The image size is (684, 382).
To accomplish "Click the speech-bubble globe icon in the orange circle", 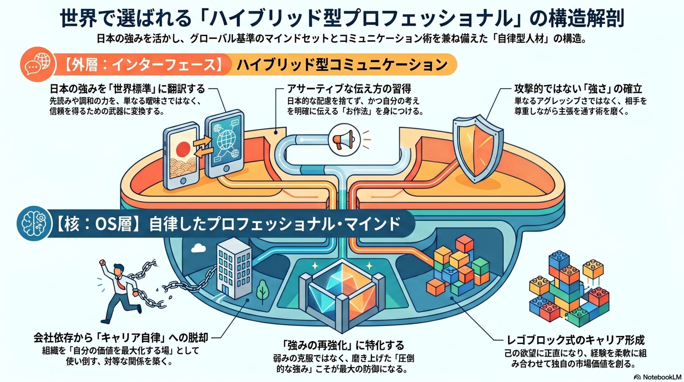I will tap(37, 64).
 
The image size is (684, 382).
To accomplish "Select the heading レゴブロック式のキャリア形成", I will tap(575, 340).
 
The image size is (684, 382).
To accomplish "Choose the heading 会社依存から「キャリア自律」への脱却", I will tap(121, 337).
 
